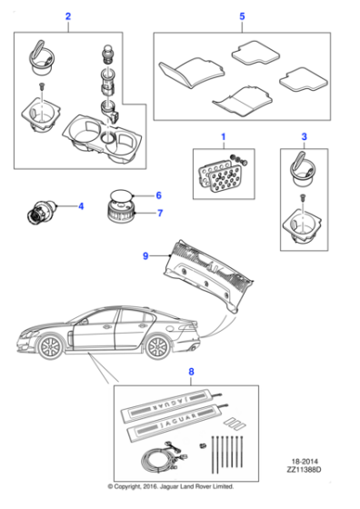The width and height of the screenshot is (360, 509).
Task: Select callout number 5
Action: click(242, 17)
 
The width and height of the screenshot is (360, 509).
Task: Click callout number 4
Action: click(80, 206)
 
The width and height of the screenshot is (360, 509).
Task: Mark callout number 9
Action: click(145, 257)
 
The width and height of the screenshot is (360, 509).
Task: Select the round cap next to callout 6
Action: click(120, 196)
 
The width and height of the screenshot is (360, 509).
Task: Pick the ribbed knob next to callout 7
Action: click(120, 216)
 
